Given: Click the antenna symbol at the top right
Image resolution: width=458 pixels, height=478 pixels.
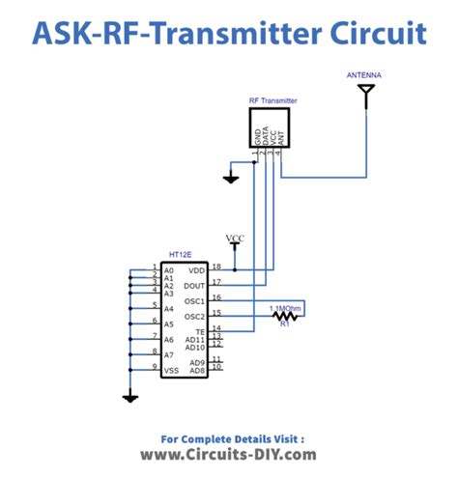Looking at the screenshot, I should (x=366, y=93).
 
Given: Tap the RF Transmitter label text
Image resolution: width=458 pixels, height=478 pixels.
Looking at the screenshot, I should (x=272, y=99).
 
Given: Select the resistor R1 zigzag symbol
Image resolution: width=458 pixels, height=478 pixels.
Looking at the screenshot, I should (x=284, y=315).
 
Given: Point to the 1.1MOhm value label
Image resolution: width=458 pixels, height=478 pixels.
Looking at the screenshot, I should (x=286, y=307).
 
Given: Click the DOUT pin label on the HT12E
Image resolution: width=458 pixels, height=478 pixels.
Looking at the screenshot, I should (x=195, y=285).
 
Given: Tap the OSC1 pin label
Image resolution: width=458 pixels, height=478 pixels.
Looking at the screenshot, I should (x=195, y=300).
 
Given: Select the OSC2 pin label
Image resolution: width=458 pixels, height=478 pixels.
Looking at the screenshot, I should (x=195, y=317).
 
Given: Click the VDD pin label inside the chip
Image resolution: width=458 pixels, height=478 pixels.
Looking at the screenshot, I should (x=197, y=269).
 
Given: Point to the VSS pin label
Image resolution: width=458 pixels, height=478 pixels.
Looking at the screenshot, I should (x=170, y=370).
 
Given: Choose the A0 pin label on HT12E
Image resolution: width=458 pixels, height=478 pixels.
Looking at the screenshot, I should (x=169, y=269).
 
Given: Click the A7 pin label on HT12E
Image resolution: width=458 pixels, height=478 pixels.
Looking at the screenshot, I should (x=169, y=354).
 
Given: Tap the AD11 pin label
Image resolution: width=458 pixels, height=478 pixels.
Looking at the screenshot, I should (x=196, y=340).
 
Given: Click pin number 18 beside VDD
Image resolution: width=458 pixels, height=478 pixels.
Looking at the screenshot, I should (x=216, y=266).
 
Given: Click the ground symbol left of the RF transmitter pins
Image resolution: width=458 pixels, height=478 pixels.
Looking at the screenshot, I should (x=230, y=178).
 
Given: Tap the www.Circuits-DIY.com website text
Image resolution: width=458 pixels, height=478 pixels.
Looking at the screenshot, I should (x=228, y=454).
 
